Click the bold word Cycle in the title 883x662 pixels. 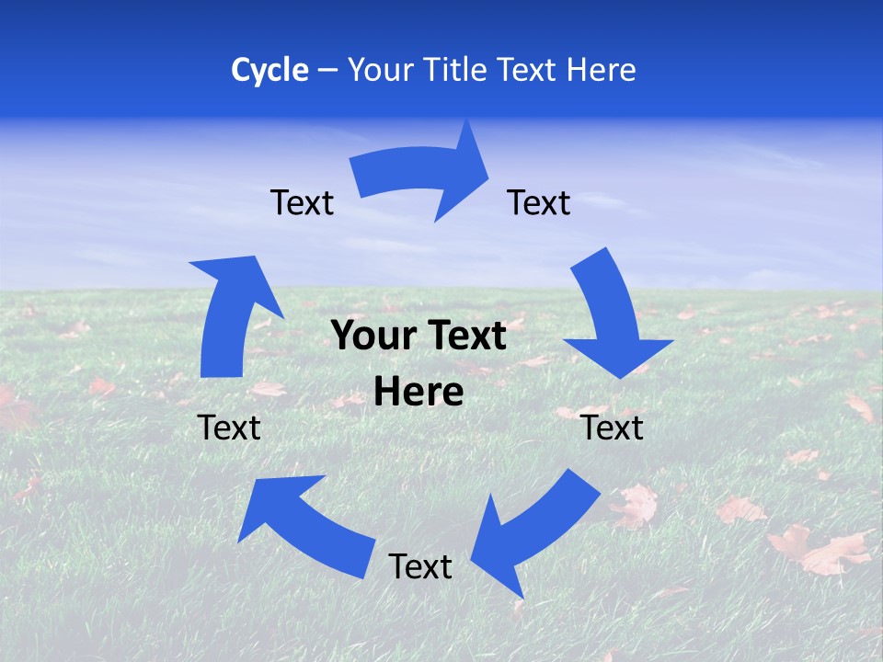269,70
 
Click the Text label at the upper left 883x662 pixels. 302,202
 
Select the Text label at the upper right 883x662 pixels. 539,202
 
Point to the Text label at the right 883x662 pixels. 613,428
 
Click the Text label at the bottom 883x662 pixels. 420,566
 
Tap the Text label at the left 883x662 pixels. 229,428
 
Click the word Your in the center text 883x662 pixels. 366,337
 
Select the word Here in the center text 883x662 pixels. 419,393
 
